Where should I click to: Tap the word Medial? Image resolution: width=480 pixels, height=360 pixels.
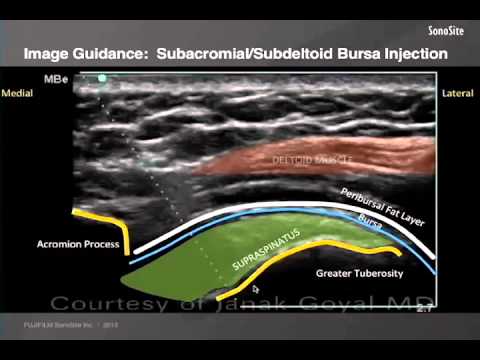click(19, 92)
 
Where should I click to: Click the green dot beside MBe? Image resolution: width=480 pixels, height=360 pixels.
click(101, 77)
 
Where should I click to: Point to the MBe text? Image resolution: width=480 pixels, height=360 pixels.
click(58, 77)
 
